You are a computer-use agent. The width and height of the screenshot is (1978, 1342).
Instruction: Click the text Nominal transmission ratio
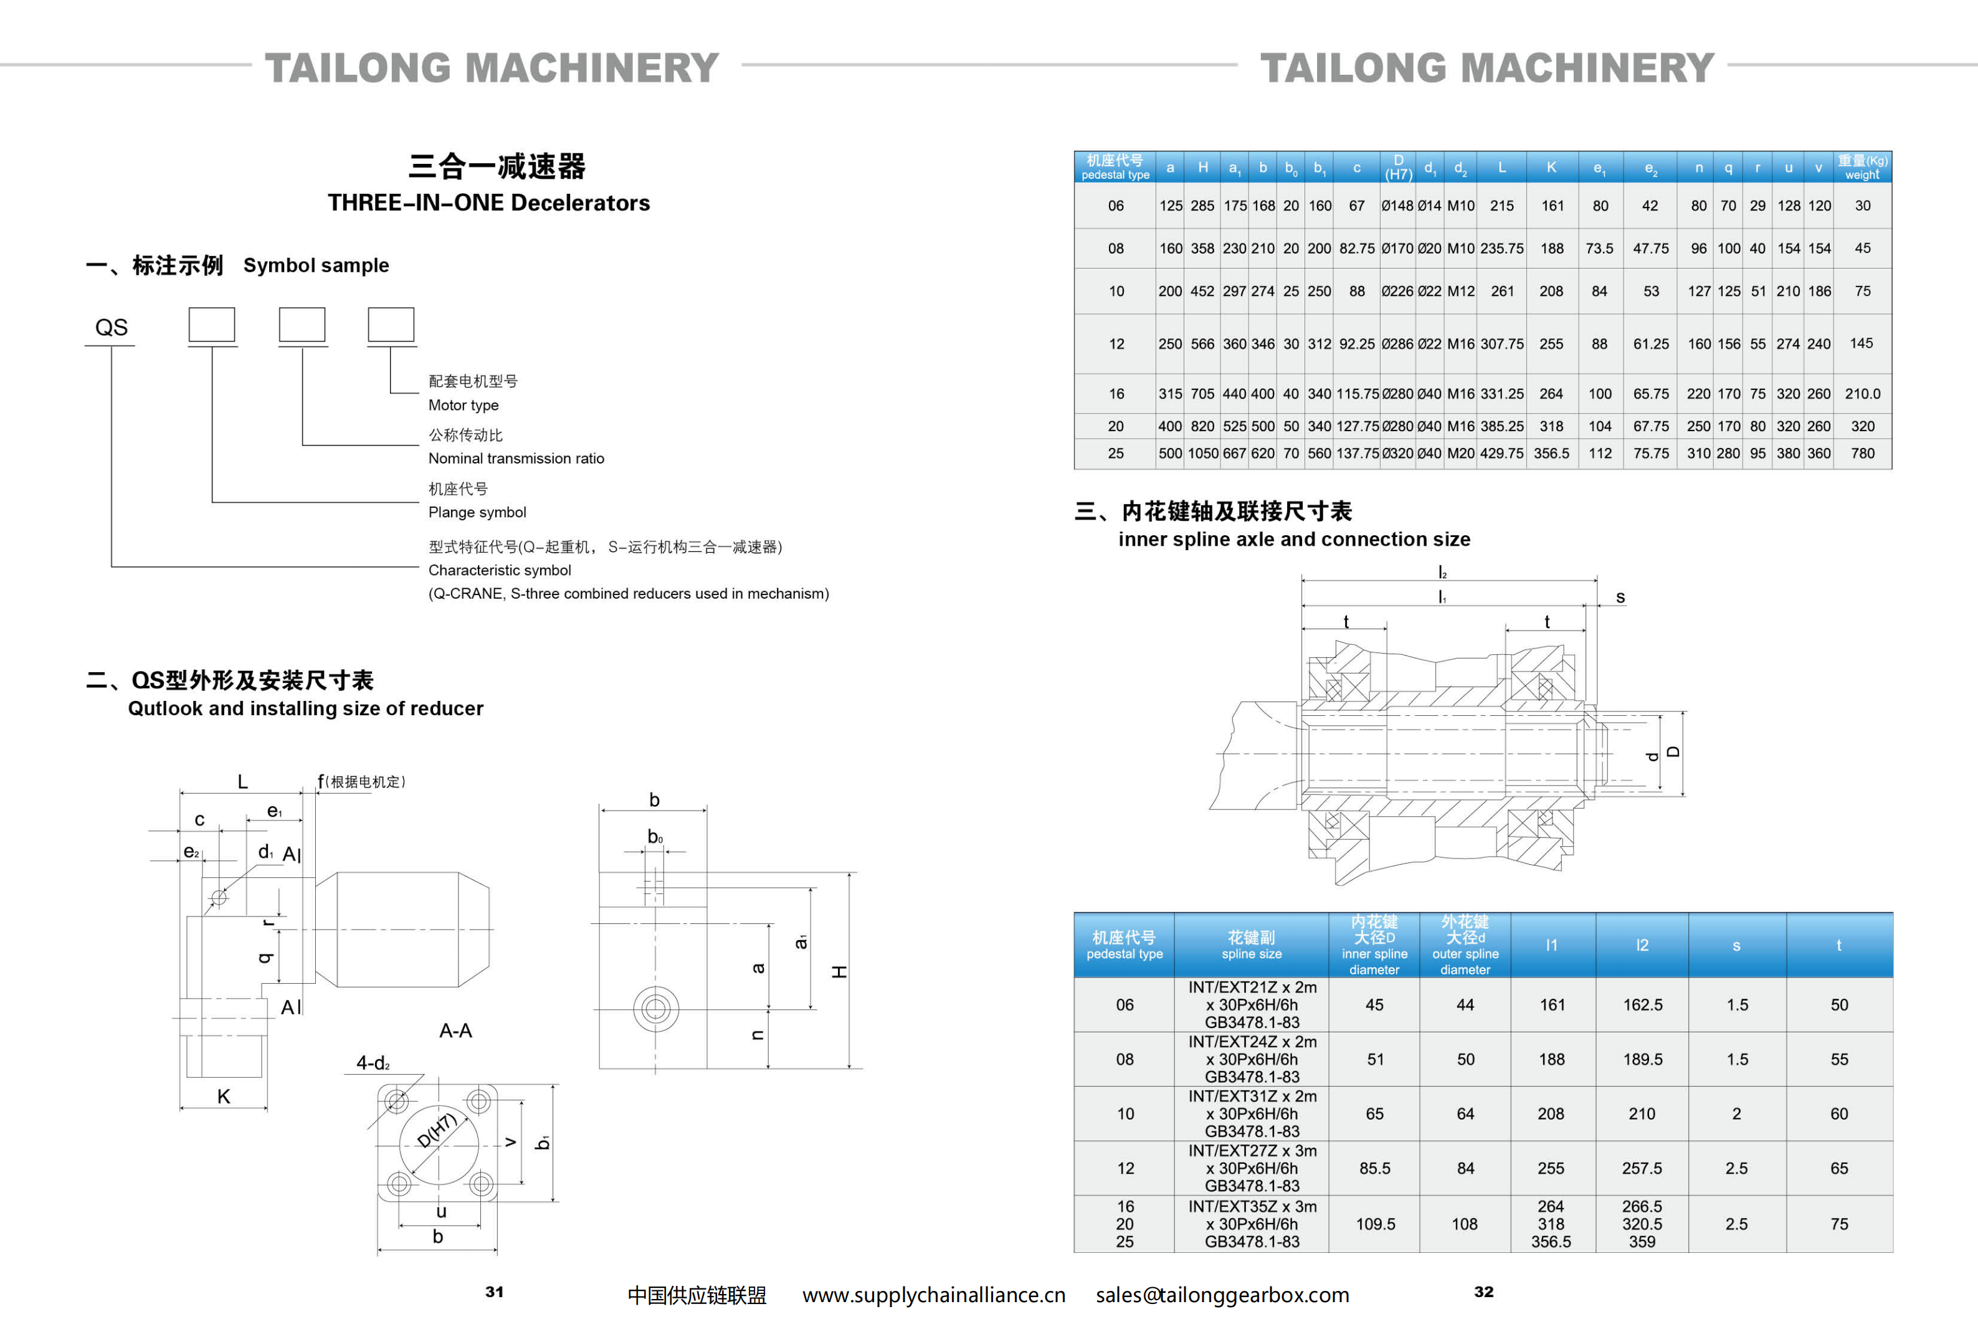click(516, 459)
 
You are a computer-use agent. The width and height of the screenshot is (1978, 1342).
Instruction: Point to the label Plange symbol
click(477, 512)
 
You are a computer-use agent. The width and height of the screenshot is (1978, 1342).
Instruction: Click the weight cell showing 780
click(1862, 454)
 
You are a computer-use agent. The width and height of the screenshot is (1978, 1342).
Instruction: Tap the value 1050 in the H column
click(1202, 454)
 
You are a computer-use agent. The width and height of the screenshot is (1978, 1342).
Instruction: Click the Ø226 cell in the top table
click(1397, 291)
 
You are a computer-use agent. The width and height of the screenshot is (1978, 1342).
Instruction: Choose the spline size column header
click(1251, 945)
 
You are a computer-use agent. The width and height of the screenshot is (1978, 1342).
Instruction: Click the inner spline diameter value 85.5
click(1374, 1168)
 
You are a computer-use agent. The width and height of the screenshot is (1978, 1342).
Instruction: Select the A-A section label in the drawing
click(455, 1030)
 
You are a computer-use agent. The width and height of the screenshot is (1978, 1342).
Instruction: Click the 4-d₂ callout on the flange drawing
click(373, 1063)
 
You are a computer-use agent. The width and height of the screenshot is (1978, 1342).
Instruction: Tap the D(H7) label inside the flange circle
click(437, 1131)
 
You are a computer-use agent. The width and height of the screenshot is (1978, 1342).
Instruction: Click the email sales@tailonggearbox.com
click(1222, 1295)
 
